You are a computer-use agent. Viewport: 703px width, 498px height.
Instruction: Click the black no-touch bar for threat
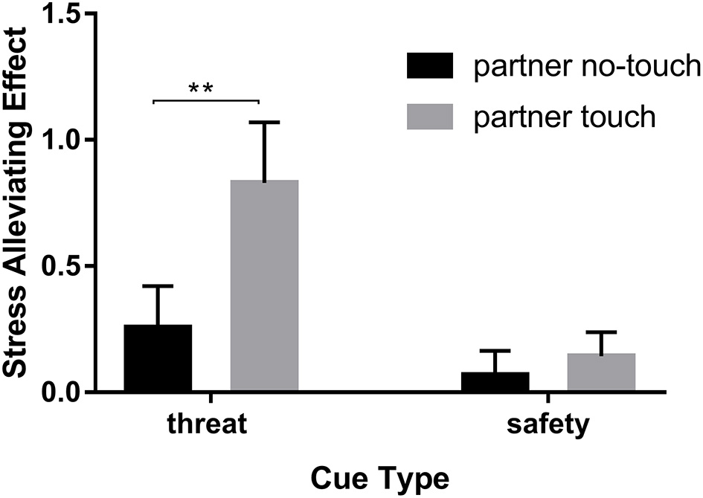tap(158, 358)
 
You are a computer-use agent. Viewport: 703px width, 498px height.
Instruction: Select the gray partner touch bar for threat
tap(264, 285)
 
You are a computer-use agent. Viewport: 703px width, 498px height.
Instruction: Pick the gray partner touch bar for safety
tap(601, 372)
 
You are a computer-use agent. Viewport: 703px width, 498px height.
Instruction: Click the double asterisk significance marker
tap(201, 88)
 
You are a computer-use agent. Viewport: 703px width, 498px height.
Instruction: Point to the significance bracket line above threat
tap(205, 100)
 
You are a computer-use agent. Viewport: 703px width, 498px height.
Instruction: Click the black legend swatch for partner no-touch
tap(430, 66)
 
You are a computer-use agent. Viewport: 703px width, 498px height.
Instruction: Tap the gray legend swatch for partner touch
tap(430, 117)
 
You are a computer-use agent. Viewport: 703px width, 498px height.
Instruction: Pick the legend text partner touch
tap(564, 117)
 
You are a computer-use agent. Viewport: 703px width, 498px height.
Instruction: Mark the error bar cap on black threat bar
tap(158, 286)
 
